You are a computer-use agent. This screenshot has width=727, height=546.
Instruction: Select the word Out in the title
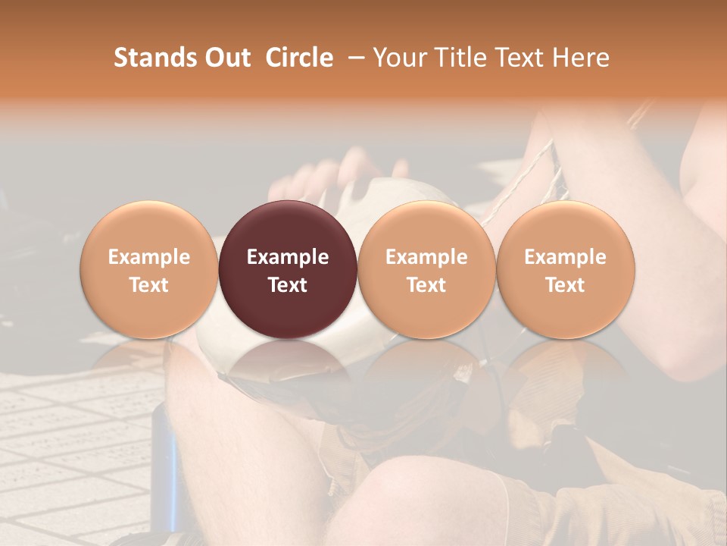pyautogui.click(x=226, y=58)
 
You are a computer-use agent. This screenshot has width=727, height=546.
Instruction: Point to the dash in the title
pyautogui.click(x=353, y=58)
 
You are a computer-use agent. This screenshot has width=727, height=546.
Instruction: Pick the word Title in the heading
pyautogui.click(x=461, y=58)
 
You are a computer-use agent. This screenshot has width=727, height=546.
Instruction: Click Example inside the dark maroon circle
pyautogui.click(x=288, y=257)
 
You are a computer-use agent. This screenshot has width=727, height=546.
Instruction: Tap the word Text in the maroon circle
pyautogui.click(x=288, y=285)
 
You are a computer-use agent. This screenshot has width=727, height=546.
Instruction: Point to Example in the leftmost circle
pyautogui.click(x=148, y=257)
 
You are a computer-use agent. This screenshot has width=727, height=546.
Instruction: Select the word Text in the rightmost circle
pyautogui.click(x=566, y=285)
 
